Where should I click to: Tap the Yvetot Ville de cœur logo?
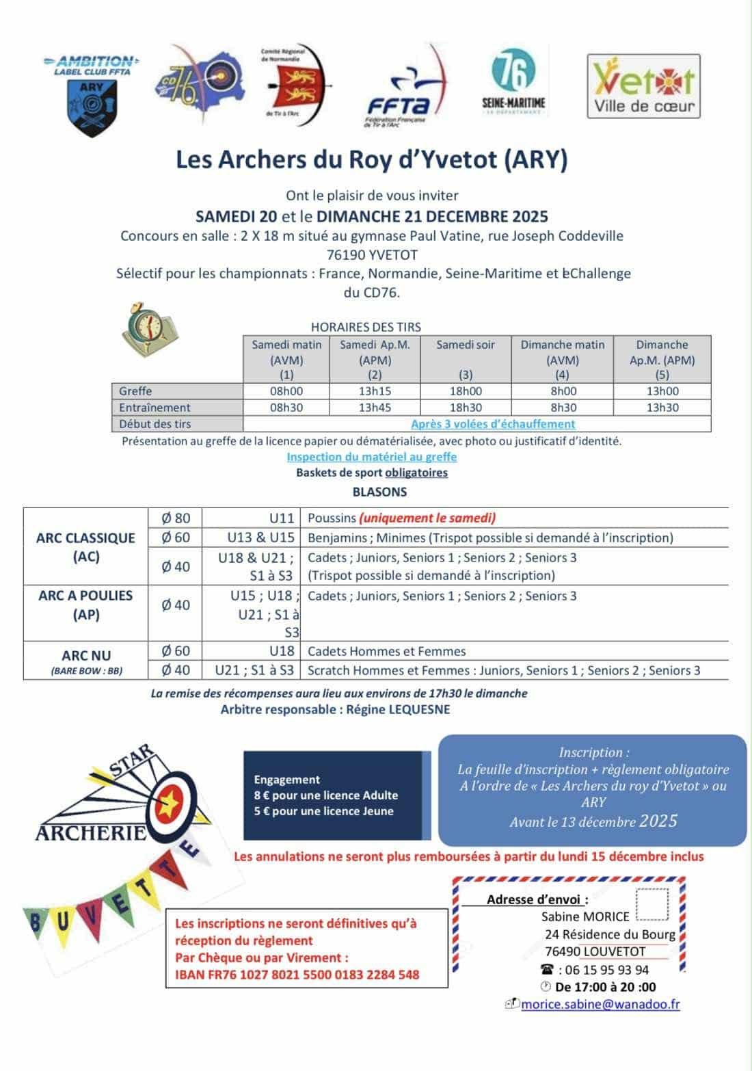pos(643,87)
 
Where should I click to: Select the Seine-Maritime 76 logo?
pos(513,82)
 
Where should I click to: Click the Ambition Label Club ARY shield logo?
pos(92,96)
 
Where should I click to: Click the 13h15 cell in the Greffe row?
pos(375,391)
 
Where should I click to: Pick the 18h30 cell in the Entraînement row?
pos(466,408)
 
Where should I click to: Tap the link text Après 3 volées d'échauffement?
pos(493,424)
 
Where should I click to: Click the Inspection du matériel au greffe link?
pos(372,457)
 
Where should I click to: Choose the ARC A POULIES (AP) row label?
pos(85,605)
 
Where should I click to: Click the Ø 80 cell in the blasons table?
pos(175,518)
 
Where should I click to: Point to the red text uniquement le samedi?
pos(427,518)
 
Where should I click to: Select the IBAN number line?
pos(297,975)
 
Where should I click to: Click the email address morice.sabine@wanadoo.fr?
pos(600,1005)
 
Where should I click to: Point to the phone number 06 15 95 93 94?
pos(604,970)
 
